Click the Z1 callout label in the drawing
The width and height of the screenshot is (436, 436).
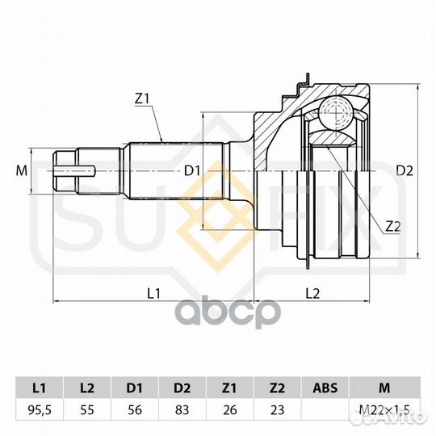coord(142,99)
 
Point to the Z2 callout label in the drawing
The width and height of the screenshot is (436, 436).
coord(393,227)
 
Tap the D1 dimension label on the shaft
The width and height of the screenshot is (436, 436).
coord(192,170)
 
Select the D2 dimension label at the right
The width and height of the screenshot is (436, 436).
coord(405,170)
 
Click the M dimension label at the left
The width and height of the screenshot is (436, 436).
coord(22,170)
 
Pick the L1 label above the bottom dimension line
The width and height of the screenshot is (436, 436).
coord(153,293)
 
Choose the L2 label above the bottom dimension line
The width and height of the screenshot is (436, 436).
coord(312,293)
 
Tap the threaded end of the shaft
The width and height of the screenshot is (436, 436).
coord(65,170)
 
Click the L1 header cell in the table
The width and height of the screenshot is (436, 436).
coord(40,388)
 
